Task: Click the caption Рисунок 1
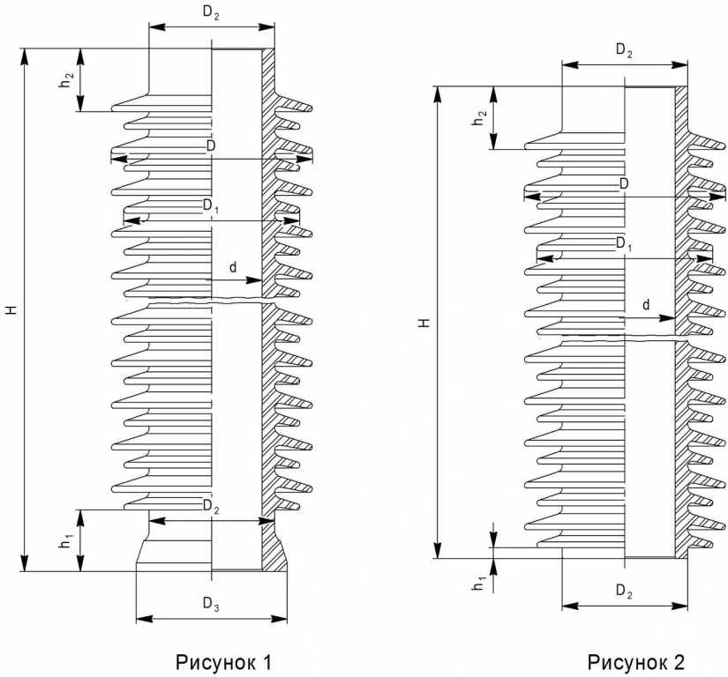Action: pyautogui.click(x=223, y=662)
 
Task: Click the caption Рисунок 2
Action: pyautogui.click(x=635, y=662)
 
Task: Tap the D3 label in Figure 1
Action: pyautogui.click(x=211, y=603)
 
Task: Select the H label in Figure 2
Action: pyautogui.click(x=424, y=323)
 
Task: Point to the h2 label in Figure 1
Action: pyautogui.click(x=66, y=79)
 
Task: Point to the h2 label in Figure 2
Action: pyautogui.click(x=479, y=118)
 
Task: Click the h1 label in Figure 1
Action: pyautogui.click(x=66, y=540)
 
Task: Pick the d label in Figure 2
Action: pyautogui.click(x=646, y=305)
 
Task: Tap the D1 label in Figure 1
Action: pyautogui.click(x=211, y=205)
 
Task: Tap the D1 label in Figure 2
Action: pyautogui.click(x=624, y=243)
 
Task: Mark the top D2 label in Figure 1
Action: pyautogui.click(x=211, y=13)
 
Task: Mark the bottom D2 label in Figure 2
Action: pyautogui.click(x=624, y=591)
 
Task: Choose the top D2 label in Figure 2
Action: pyautogui.click(x=624, y=50)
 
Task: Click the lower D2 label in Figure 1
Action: pyautogui.click(x=211, y=506)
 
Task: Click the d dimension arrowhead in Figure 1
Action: pyautogui.click(x=254, y=280)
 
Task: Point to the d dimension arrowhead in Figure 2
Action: pyautogui.click(x=667, y=317)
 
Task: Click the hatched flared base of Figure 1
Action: pyautogui.click(x=274, y=552)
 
